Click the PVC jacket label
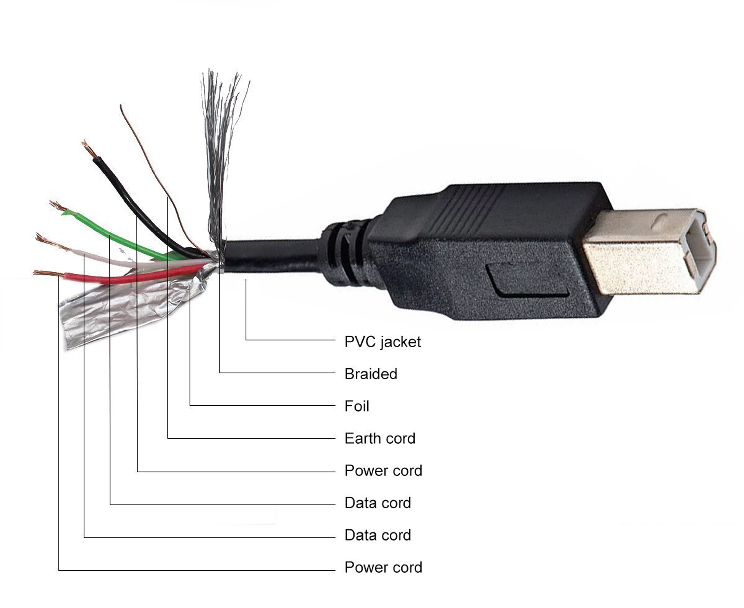(x=382, y=342)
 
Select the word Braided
(x=371, y=374)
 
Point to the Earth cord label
(x=379, y=438)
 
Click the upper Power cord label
(x=383, y=470)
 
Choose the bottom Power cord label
(x=383, y=567)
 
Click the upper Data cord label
(x=377, y=503)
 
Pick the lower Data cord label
(x=377, y=535)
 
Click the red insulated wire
(x=116, y=279)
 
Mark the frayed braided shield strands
(x=221, y=140)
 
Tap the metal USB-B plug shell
(x=631, y=252)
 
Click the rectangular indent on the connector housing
(x=526, y=280)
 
